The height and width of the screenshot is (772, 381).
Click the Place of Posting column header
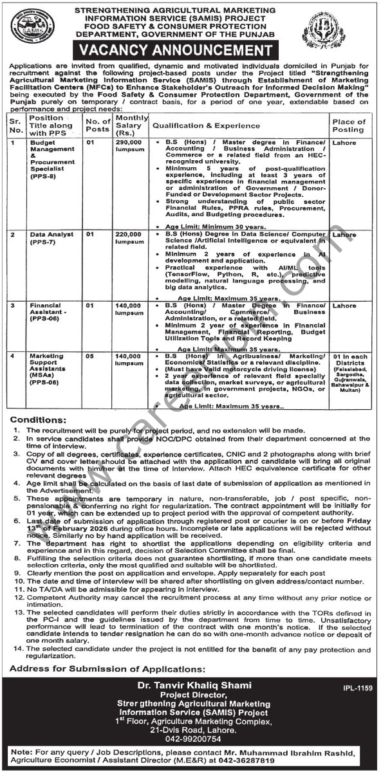coord(348,125)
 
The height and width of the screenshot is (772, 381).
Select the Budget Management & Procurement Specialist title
coord(50,157)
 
